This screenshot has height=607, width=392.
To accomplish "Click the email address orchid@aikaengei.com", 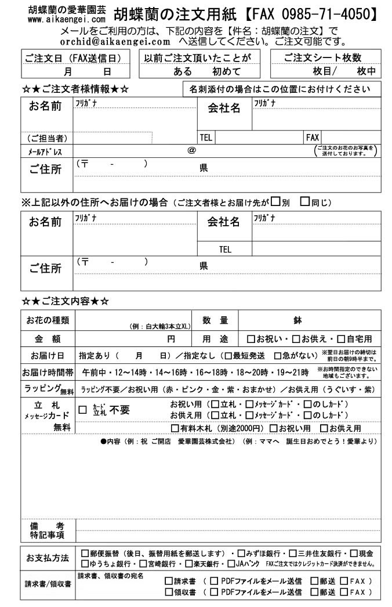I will [x=115, y=42].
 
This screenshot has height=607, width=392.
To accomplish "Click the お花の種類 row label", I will [x=48, y=320].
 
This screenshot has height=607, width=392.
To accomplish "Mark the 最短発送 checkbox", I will [x=228, y=356].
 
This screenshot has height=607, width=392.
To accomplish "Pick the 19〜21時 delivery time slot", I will [x=293, y=372].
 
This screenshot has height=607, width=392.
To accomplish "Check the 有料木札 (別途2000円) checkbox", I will [x=175, y=428].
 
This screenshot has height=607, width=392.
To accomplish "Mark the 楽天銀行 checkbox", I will [x=184, y=563].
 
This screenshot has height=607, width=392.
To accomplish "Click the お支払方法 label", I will [x=48, y=558].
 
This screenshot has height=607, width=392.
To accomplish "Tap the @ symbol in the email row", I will [x=191, y=150].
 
